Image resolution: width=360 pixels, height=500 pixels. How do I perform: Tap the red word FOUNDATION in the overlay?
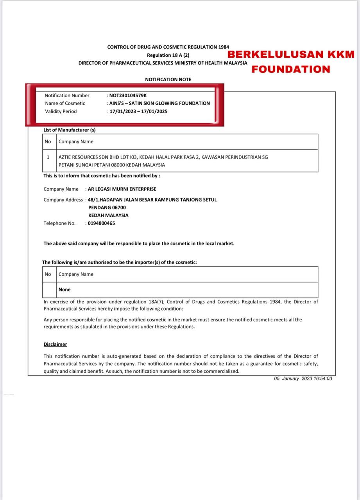tap(290, 69)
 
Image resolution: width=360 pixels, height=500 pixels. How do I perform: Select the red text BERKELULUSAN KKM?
tap(291, 54)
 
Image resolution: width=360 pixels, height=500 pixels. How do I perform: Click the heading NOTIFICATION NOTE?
tap(168, 79)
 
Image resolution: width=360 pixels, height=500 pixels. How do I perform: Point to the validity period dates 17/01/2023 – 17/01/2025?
tap(139, 111)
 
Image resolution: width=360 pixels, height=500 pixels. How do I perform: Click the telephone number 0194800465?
tap(101, 223)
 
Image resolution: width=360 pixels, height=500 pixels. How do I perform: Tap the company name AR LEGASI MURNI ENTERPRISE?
tap(122, 189)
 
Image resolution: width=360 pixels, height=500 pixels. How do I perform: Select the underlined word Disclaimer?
tap(55, 344)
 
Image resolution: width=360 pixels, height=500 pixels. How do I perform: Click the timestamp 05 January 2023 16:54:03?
tap(303, 379)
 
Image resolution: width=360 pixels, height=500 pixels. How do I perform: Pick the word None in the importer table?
tap(64, 289)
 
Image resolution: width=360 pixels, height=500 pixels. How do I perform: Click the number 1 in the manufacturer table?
tap(48, 157)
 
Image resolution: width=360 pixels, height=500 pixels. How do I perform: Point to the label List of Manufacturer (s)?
tap(70, 130)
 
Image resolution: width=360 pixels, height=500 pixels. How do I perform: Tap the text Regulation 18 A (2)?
tap(168, 55)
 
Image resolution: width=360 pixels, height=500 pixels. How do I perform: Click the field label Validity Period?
tap(61, 111)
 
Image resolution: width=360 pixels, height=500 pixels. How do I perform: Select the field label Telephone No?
tap(59, 223)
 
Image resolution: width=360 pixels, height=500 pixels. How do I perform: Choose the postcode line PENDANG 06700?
tap(107, 207)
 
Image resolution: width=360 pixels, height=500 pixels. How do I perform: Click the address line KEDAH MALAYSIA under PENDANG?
tap(108, 215)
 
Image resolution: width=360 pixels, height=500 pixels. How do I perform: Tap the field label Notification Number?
tap(67, 95)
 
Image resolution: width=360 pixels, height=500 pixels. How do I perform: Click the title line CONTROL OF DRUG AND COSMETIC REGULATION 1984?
tap(168, 47)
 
